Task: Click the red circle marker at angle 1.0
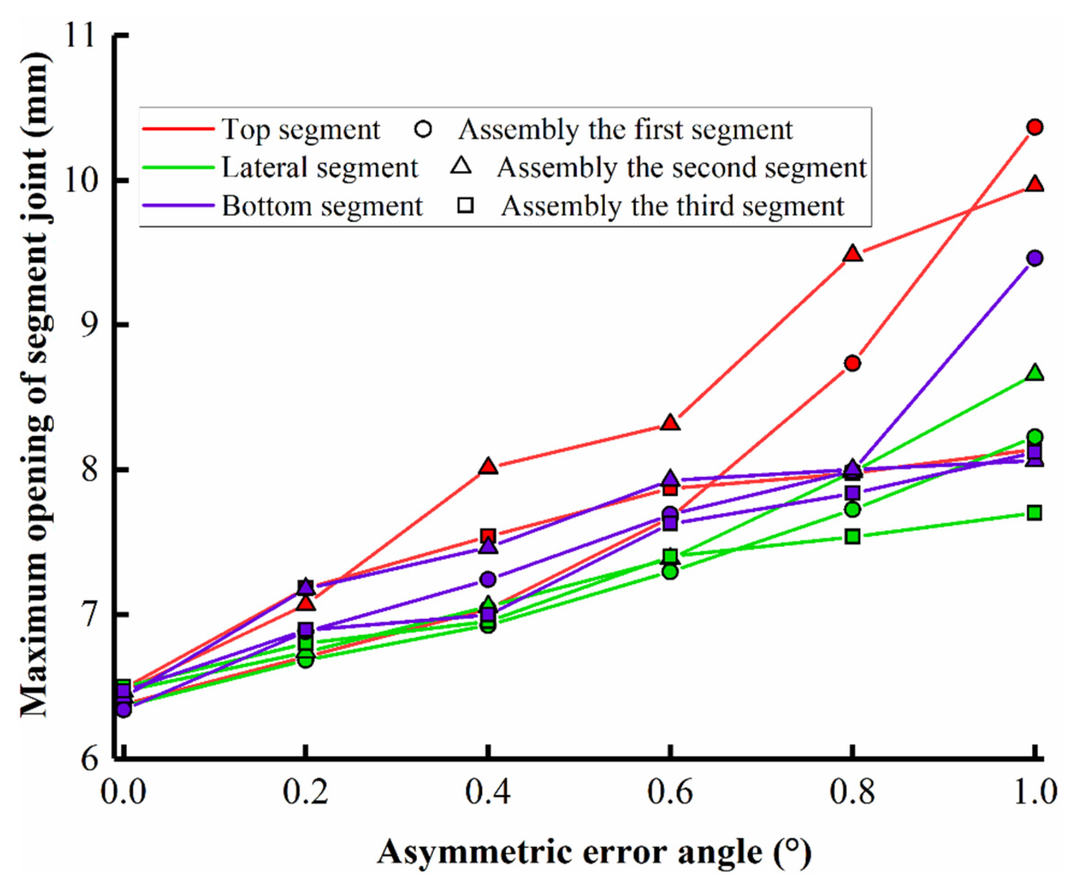pos(1035,127)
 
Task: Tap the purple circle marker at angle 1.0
pos(1035,258)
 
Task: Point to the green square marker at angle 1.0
pos(1035,513)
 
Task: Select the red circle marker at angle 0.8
pos(852,363)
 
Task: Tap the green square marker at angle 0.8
pos(852,536)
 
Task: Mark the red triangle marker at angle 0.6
pos(671,423)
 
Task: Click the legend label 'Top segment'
pos(301,130)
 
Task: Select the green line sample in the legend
pos(178,167)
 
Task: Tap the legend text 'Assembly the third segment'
pos(672,206)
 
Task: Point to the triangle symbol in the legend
pos(461,166)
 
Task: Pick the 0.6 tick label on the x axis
pos(671,792)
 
